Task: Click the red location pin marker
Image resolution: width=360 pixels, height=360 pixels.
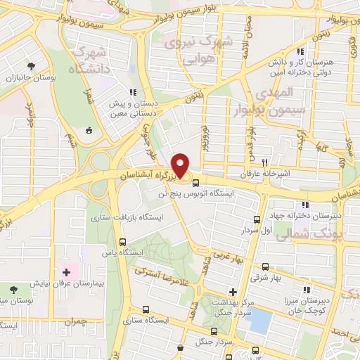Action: tap(181, 166)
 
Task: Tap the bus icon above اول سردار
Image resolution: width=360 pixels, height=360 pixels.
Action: tap(257, 219)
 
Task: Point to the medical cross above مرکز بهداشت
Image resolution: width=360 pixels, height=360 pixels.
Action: tap(233, 291)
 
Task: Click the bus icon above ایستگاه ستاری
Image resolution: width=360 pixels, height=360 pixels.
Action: tap(146, 310)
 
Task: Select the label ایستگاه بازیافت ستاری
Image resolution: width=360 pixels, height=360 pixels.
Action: tap(127, 218)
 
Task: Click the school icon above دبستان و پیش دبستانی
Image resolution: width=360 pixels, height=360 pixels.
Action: tap(132, 91)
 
